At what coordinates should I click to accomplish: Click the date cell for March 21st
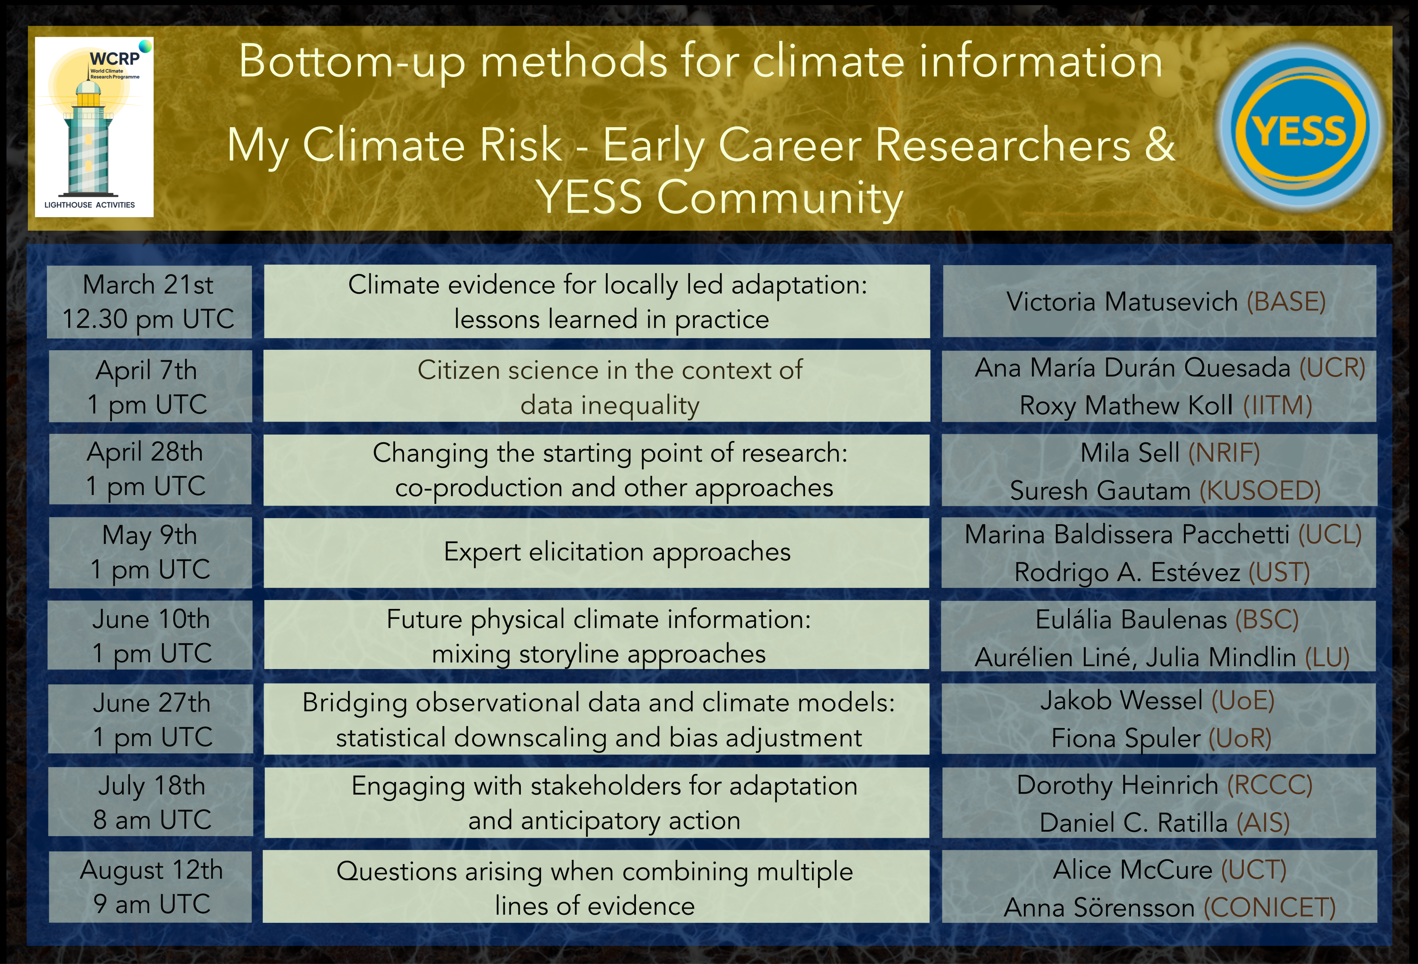pyautogui.click(x=149, y=302)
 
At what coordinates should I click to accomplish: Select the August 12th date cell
pyautogui.click(x=150, y=887)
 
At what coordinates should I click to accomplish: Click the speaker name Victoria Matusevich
pyautogui.click(x=1122, y=302)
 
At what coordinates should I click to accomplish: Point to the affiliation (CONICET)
pyautogui.click(x=1270, y=907)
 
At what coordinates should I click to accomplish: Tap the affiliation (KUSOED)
pyautogui.click(x=1260, y=490)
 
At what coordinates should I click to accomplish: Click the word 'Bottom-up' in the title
pyautogui.click(x=352, y=63)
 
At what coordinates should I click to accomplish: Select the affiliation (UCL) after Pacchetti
pyautogui.click(x=1330, y=535)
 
